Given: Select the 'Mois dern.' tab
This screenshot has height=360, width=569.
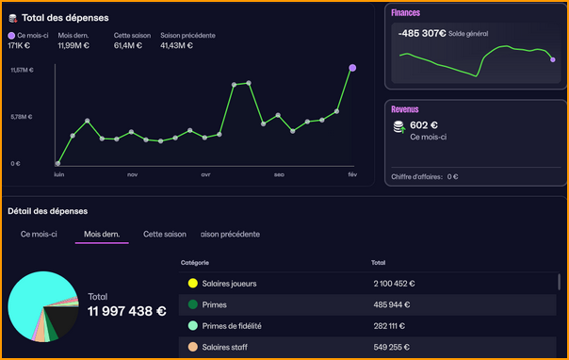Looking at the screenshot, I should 102,234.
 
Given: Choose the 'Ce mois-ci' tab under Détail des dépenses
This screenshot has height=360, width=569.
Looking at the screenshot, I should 39,234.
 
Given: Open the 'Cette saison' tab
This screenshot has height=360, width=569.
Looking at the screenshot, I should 165,234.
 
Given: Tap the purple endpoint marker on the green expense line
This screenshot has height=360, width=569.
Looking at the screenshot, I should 352,68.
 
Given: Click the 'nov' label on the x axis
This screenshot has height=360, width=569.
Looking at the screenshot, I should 132,174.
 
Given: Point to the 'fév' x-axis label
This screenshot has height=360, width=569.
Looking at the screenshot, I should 352,174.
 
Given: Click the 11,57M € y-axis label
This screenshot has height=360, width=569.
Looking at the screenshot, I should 22,70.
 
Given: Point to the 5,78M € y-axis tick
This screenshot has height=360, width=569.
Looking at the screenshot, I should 22,117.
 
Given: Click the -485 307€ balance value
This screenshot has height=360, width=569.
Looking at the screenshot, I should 421,33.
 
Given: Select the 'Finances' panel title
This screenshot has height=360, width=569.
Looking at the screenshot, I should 406,13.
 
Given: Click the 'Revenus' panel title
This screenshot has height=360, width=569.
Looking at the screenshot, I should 405,109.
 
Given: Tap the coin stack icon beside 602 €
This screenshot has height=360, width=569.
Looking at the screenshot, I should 398,126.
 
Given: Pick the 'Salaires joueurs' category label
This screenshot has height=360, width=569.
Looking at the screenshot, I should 229,283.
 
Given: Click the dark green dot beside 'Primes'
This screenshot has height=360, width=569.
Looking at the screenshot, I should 192,304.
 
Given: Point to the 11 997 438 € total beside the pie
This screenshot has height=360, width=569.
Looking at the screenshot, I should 127,311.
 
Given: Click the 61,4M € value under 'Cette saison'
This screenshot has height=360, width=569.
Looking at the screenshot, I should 127,45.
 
